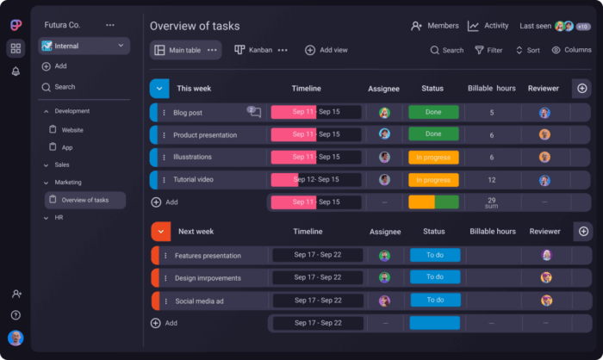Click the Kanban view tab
click(254, 50)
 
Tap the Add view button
click(326, 50)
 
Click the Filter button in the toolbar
click(488, 50)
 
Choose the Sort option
click(527, 50)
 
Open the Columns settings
click(571, 50)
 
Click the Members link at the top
click(435, 26)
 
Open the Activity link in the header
click(488, 26)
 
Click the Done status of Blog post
click(433, 112)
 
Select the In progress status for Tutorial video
click(433, 180)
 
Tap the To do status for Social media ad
click(434, 301)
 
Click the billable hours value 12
click(492, 180)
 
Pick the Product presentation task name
click(204, 135)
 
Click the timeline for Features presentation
click(317, 255)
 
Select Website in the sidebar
click(72, 129)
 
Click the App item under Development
click(67, 147)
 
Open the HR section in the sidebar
click(59, 218)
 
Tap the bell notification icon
click(16, 71)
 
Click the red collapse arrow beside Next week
click(160, 232)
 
